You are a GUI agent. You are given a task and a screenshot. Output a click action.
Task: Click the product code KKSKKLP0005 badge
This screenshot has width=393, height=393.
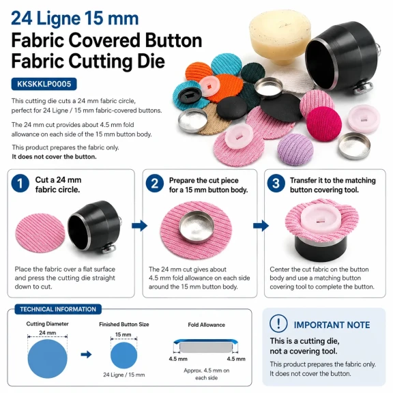click(44, 84)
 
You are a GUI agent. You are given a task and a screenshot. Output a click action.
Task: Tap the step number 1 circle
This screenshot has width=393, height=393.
click(20, 184)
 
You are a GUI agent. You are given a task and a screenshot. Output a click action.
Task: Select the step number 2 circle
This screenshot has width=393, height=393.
click(155, 184)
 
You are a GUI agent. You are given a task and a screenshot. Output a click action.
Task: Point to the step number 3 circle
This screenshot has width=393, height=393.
click(276, 184)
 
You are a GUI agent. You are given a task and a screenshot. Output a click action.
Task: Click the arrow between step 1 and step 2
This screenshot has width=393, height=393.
click(139, 226)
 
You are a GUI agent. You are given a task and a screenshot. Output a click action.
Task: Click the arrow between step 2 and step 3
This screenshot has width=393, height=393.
click(261, 226)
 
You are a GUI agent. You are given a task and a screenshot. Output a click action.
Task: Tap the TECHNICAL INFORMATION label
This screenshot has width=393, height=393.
click(58, 309)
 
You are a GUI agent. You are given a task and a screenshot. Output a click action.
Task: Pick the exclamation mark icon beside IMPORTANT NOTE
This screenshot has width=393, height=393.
click(278, 323)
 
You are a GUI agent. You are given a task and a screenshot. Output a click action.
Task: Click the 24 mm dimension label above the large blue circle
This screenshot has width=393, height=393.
click(47, 333)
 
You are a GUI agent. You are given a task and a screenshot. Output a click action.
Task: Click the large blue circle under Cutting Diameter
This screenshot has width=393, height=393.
click(47, 359)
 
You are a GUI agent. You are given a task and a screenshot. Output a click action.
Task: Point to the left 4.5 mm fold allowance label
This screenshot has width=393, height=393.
click(178, 359)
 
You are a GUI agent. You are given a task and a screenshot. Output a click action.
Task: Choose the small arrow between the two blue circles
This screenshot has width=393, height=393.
click(86, 354)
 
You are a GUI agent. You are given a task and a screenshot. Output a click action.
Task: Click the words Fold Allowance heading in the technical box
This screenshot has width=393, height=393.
click(207, 325)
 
